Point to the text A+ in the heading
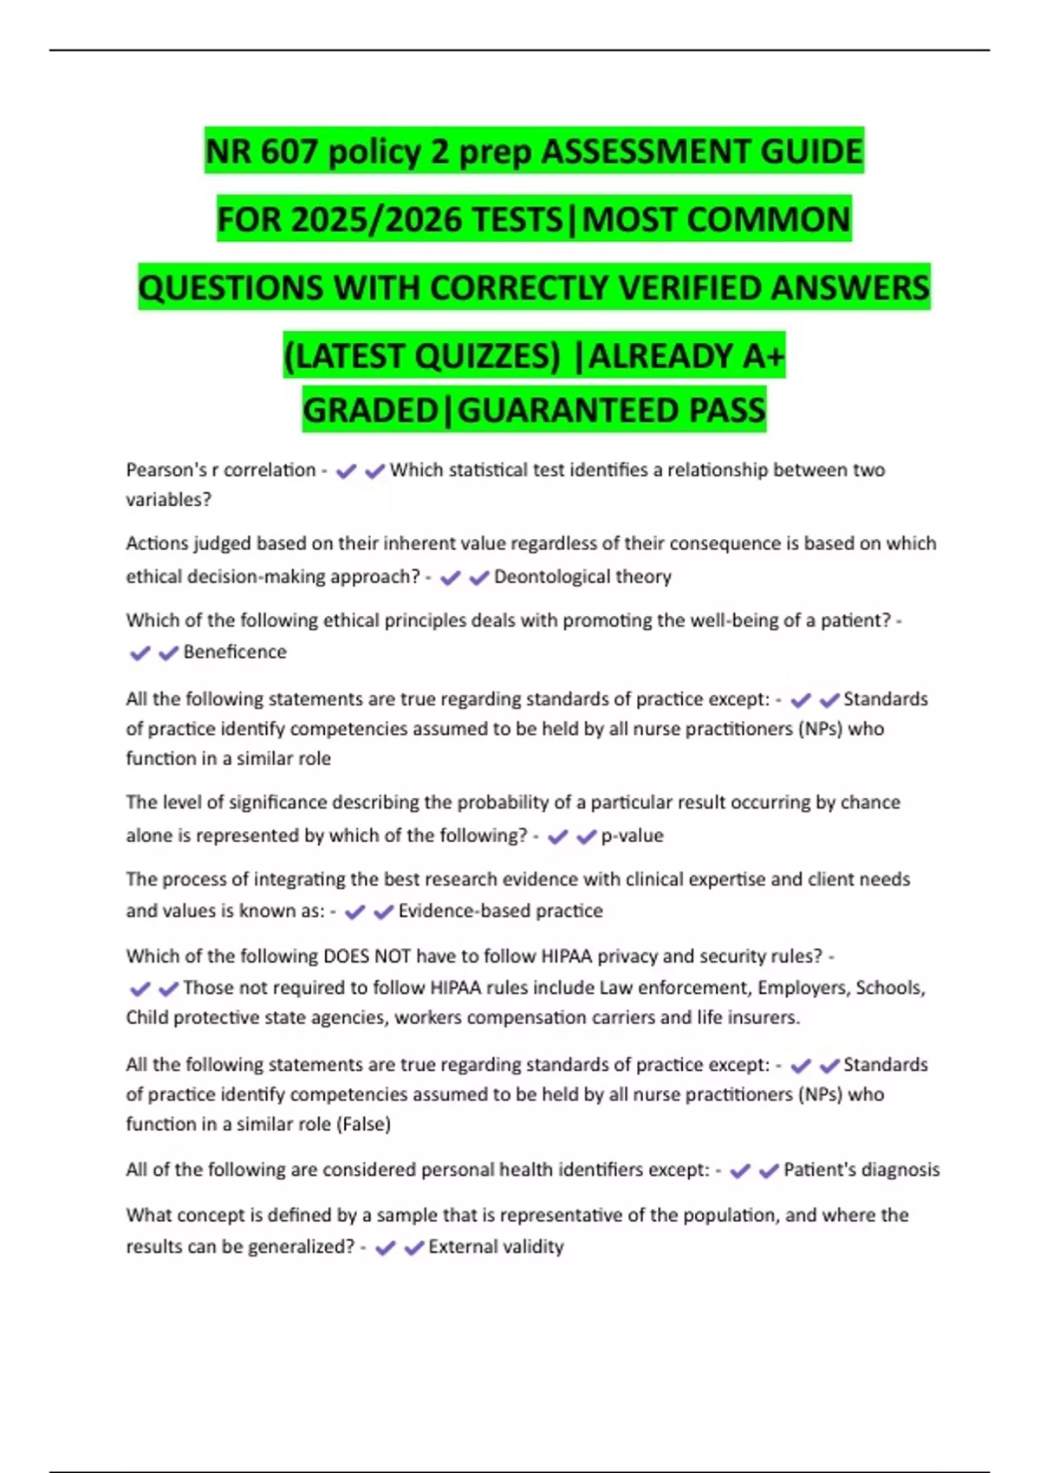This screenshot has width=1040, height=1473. [x=763, y=356]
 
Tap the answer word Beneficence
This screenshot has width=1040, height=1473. [x=235, y=652]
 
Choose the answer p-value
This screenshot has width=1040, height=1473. [x=632, y=835]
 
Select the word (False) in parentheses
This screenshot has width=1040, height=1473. [x=364, y=1124]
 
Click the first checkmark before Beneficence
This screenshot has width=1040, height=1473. [x=140, y=652]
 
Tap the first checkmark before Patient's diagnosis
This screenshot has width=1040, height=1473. [x=739, y=1171]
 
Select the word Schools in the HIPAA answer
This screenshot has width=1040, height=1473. [x=889, y=988]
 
